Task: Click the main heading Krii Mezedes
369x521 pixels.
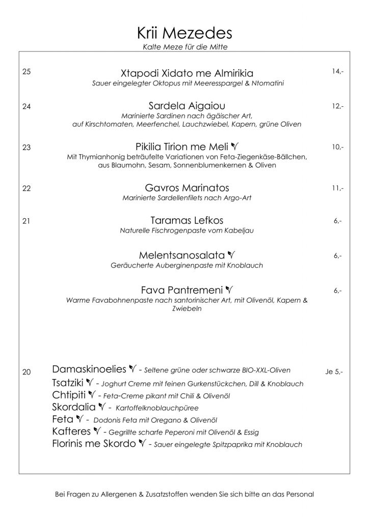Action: click(184, 34)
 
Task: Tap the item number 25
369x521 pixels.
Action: click(27, 72)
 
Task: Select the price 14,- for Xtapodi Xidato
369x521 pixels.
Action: click(337, 72)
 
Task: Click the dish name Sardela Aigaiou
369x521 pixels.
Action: click(184, 106)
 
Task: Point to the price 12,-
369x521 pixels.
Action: click(337, 106)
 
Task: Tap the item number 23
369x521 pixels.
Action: click(27, 148)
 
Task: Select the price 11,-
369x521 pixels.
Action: click(337, 188)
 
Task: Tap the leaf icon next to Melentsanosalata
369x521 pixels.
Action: click(231, 254)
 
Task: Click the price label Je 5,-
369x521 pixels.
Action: click(334, 372)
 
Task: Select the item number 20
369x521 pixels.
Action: click(27, 372)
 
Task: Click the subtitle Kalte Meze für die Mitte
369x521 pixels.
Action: click(184, 48)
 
